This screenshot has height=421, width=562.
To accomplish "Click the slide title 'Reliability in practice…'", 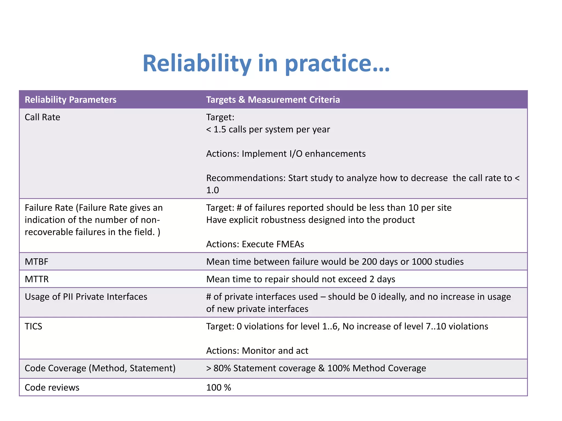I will tap(266, 64).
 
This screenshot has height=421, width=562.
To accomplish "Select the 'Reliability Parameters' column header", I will tap(71, 99).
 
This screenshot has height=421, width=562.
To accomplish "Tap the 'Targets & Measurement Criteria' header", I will tap(273, 99).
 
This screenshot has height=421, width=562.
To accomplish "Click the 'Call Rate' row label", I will tap(42, 117).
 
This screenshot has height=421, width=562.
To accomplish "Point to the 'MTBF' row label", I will tap(36, 262).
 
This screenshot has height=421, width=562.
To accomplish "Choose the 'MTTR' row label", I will tap(36, 279).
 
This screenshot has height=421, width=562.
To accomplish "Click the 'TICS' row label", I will tap(33, 326).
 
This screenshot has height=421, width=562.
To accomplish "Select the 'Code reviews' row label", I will tap(52, 388).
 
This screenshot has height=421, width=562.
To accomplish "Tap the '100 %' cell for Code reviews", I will tap(218, 388).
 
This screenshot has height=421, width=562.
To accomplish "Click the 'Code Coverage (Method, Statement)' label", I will tap(100, 368).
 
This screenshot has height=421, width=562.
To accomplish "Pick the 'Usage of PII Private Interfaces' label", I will tap(86, 297).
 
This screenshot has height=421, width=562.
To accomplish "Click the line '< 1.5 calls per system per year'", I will tap(268, 129).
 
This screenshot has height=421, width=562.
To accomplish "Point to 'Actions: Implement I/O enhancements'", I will tap(286, 154).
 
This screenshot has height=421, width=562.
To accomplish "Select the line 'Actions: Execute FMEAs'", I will tap(255, 244).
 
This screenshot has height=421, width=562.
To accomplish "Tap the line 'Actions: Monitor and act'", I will tap(257, 351).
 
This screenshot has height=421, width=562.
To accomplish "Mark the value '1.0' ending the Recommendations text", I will tap(212, 190).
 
